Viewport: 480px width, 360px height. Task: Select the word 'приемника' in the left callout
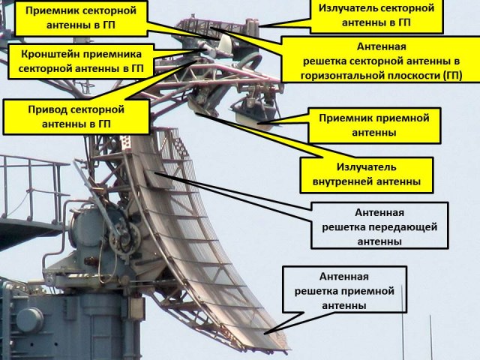pyautogui.click(x=115, y=54)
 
